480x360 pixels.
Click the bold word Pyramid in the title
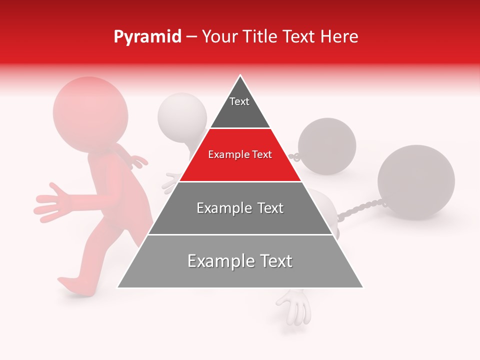point(147,37)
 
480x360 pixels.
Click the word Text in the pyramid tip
point(239,101)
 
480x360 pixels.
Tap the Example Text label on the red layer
point(240,155)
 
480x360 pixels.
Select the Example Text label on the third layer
point(240,208)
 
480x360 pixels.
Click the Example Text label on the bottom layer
point(240,261)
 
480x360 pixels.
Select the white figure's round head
point(181,115)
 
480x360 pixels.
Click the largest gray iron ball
point(416,182)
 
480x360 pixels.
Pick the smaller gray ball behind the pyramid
point(327,146)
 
